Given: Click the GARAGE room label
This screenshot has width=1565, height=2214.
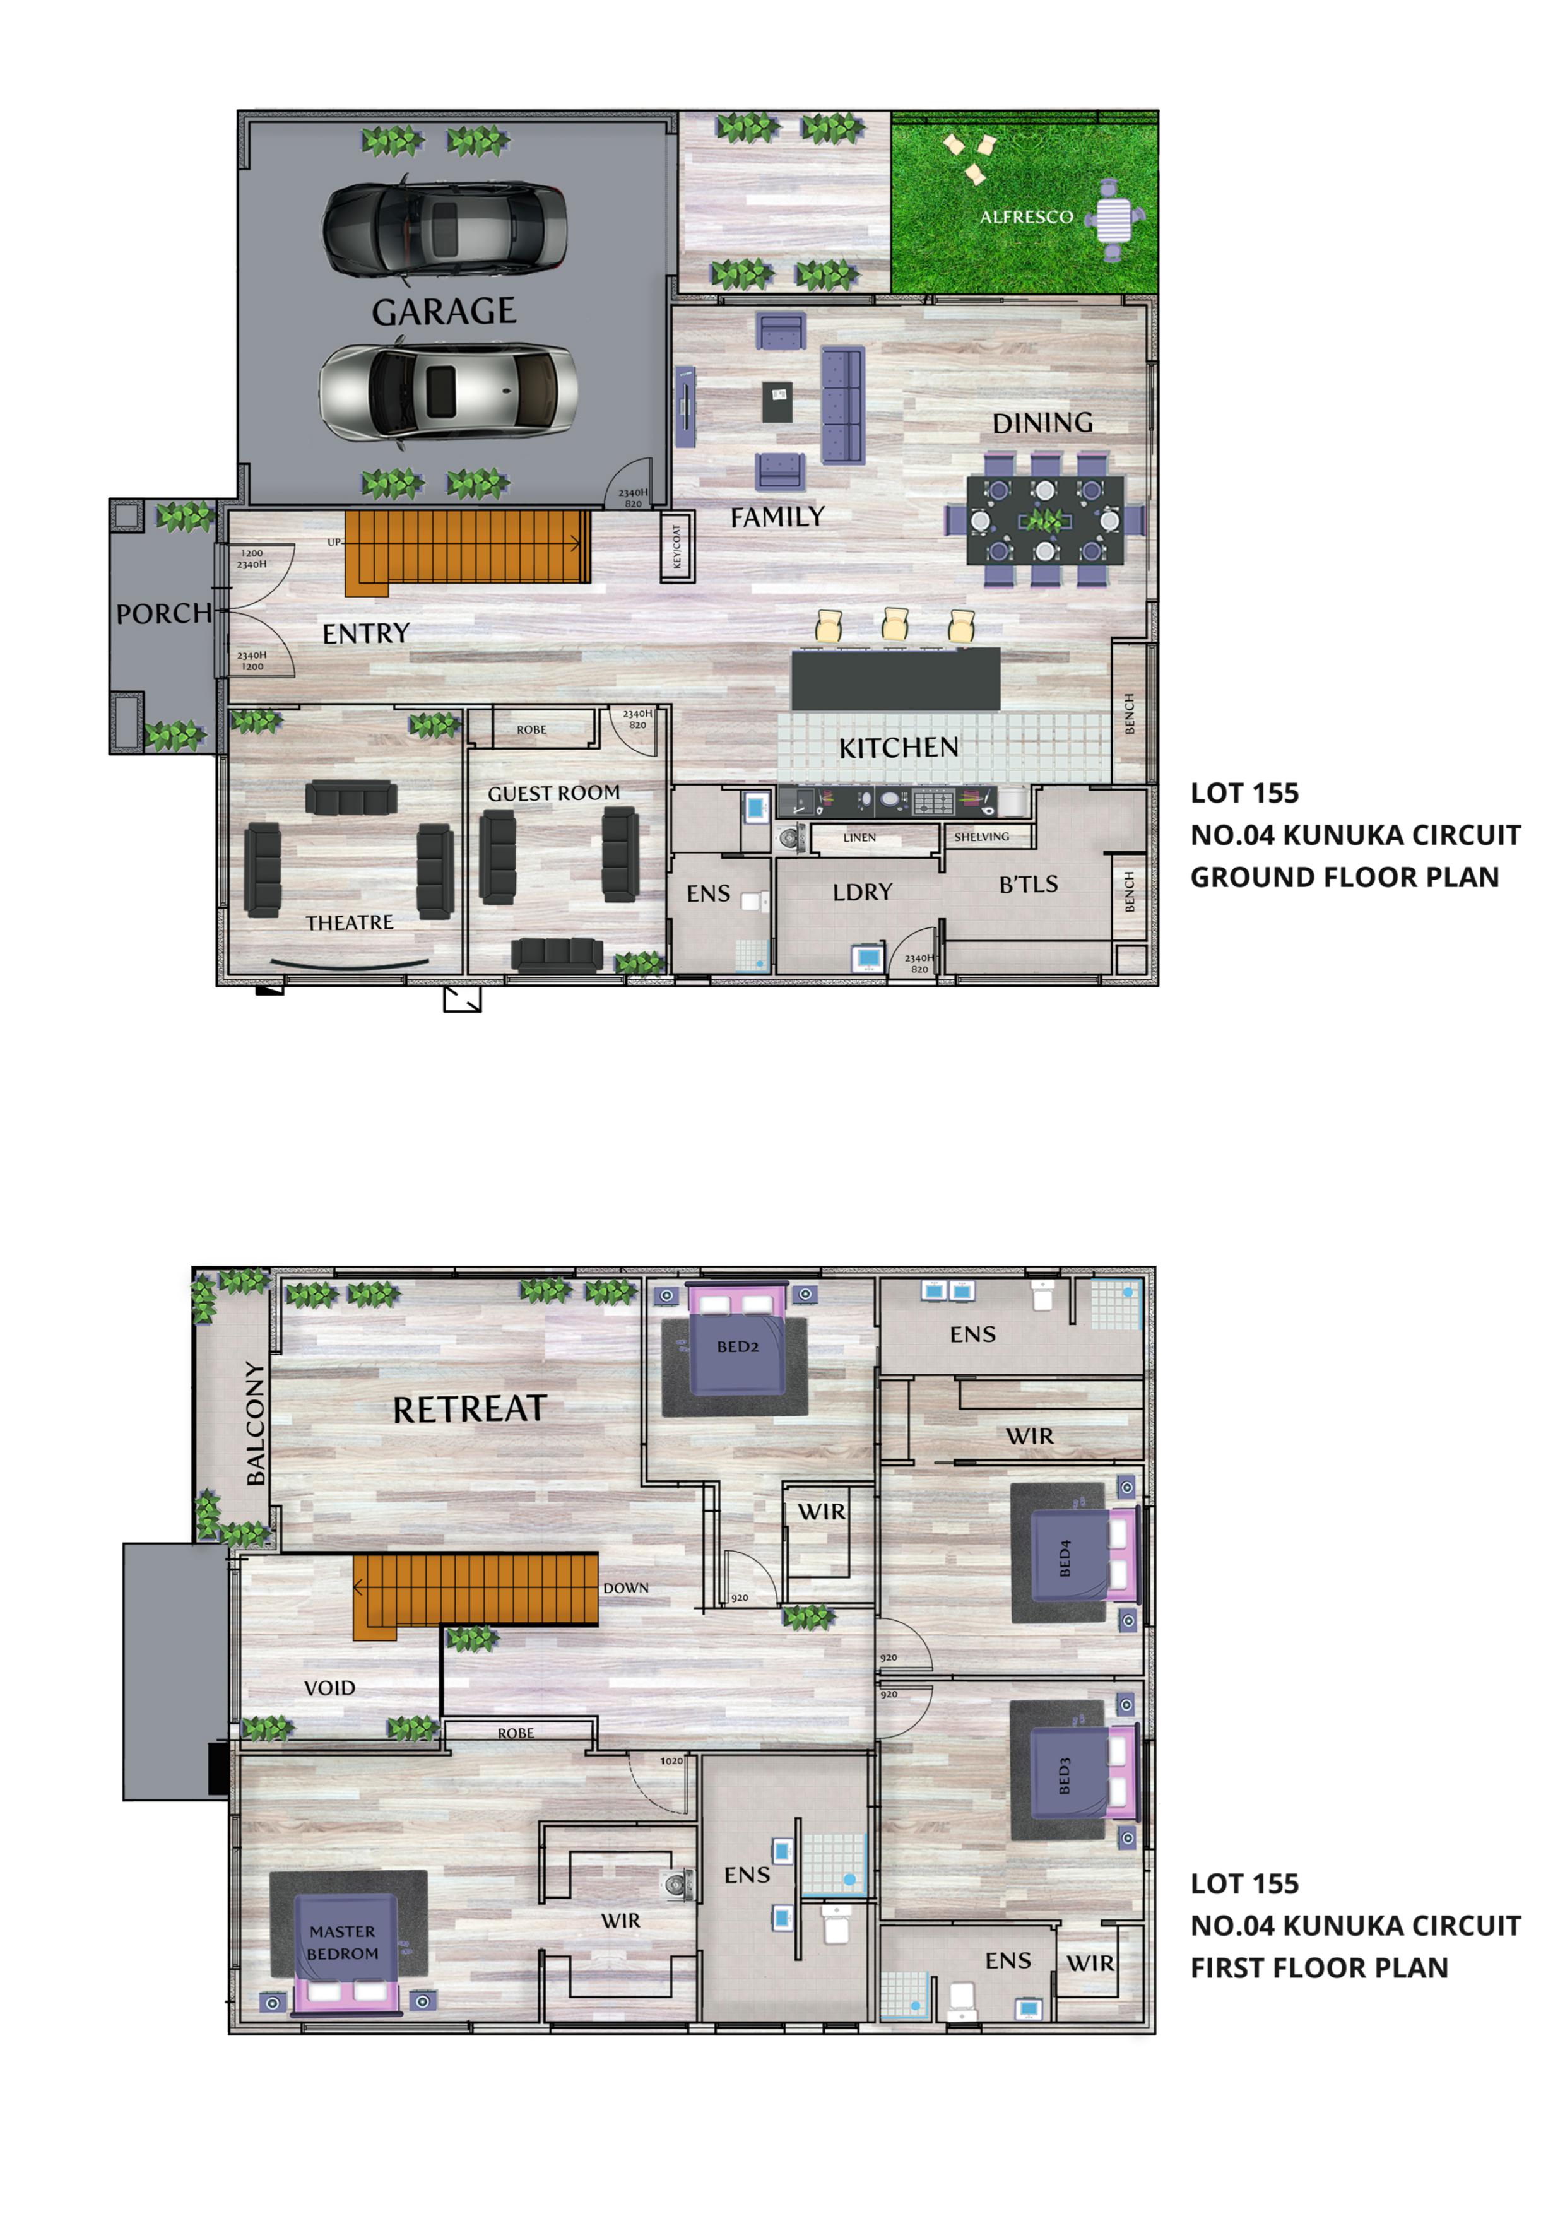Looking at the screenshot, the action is point(444,312).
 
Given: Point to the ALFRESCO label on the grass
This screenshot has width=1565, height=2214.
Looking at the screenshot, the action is point(1026,217).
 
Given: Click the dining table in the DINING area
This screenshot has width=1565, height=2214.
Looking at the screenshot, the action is point(1045,520).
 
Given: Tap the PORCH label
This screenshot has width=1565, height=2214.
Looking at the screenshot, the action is point(164,613).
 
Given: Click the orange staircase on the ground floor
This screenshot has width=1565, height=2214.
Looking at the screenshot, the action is point(468,553).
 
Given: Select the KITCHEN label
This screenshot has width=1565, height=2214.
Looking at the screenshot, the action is point(898,747).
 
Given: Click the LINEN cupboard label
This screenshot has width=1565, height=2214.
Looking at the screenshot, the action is point(859,838).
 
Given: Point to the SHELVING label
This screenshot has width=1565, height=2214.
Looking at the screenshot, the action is point(982,837).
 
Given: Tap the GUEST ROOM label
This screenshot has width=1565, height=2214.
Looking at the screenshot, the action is point(553,794).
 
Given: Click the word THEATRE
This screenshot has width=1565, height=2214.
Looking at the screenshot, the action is point(349,923).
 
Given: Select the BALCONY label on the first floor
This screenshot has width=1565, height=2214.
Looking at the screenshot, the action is point(254,1423).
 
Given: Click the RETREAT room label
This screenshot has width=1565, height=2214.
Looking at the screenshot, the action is point(470,1410).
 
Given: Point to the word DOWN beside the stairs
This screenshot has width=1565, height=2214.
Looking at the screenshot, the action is point(626,1588).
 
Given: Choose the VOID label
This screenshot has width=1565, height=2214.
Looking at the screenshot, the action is point(330,1688).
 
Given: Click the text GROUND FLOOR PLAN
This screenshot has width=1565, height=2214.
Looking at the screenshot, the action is point(1344,878).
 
